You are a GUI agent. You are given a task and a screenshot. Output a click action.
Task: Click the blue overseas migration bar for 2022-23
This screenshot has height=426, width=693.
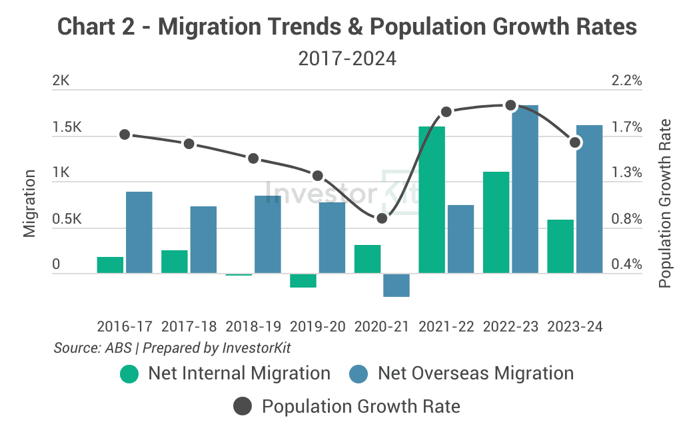click(525, 189)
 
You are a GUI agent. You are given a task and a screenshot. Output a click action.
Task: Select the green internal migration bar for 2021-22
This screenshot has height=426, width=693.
click(432, 199)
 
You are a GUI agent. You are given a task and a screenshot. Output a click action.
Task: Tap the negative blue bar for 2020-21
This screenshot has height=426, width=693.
click(396, 285)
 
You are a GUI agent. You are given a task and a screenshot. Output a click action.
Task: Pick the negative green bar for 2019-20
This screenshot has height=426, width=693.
click(303, 280)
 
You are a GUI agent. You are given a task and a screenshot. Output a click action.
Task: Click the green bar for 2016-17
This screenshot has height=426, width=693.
click(110, 264)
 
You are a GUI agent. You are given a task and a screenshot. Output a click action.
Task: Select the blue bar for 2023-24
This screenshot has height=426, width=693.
click(589, 199)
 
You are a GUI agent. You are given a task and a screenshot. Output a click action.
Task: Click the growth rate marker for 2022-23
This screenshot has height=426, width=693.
click(511, 105)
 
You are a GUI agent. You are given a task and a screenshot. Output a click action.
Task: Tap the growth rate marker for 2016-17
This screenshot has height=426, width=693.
click(125, 134)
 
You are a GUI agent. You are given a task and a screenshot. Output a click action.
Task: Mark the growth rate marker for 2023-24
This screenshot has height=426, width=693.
click(575, 142)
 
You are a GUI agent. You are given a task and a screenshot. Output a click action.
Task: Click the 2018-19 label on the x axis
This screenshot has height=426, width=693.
click(253, 327)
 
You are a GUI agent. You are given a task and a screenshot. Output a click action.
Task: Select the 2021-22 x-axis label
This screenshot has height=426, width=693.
click(446, 327)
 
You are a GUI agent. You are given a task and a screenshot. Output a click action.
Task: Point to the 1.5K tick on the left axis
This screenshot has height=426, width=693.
click(67, 127)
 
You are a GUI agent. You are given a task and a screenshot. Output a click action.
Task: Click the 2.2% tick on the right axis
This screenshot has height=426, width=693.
click(626, 81)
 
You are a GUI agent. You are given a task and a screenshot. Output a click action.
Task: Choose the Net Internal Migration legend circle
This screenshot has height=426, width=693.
click(129, 373)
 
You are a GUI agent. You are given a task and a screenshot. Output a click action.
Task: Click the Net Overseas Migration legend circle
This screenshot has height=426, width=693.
click(358, 373)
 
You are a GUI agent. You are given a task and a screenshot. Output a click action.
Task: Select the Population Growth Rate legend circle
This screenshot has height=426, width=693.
click(243, 406)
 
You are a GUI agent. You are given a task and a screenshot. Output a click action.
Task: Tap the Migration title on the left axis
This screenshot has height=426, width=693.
click(29, 204)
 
